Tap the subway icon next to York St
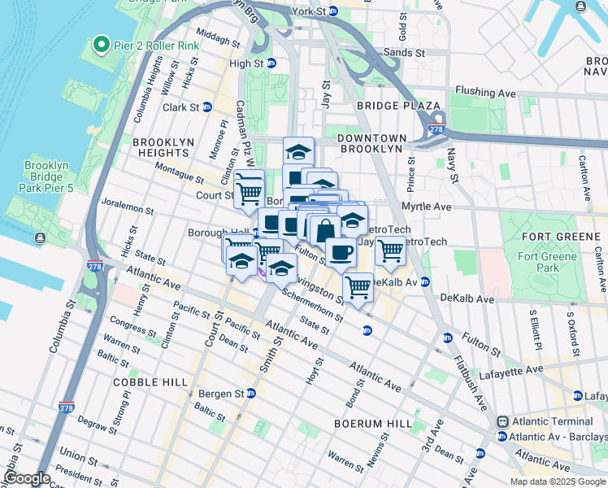click(x=332, y=12)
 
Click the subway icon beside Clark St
click(x=206, y=107)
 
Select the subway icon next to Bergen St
click(x=251, y=394)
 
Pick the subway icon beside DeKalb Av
click(x=424, y=282)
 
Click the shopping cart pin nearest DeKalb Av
click(x=358, y=285)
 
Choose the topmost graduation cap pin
click(x=298, y=151)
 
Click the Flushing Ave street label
click(x=485, y=94)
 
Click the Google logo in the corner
click(x=27, y=478)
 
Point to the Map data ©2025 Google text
click(x=557, y=481)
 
